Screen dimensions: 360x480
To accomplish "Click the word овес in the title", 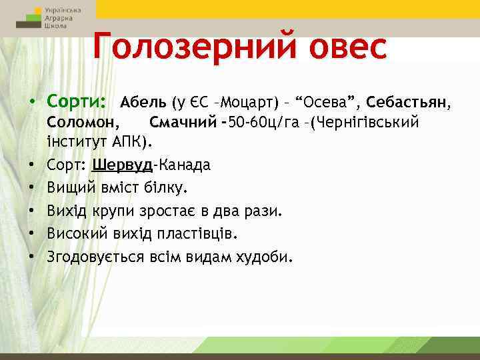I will [339, 47].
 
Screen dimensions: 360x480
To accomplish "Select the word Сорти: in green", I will [77, 103].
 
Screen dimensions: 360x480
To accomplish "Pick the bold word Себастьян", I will [408, 103].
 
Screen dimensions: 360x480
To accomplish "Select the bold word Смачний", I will [184, 123].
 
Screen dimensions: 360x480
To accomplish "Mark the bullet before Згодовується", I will [31, 257].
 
